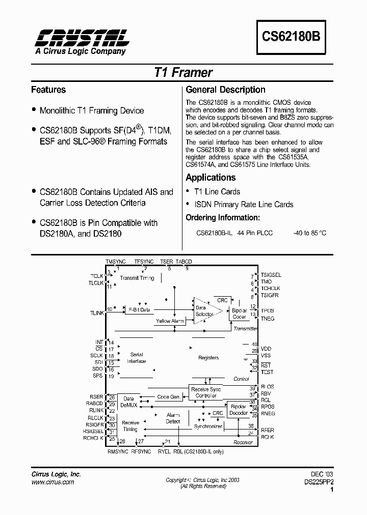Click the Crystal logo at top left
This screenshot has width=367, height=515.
[x=82, y=37]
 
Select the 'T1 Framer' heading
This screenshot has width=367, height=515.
[x=183, y=73]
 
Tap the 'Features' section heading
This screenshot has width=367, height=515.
[x=48, y=90]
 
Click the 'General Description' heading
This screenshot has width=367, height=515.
[x=225, y=90]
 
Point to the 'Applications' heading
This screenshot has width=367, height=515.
[x=211, y=178]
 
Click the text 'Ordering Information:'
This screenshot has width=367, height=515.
[x=223, y=217]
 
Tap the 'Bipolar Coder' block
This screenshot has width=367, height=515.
[x=239, y=313]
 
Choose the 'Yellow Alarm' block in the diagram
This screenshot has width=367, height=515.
[x=170, y=321]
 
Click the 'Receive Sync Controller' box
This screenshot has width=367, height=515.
[x=206, y=392]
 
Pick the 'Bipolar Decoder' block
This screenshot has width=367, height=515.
[x=239, y=410]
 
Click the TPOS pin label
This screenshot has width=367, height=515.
[x=268, y=310]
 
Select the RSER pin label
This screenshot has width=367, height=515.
[x=96, y=397]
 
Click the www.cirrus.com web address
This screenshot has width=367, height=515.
[x=53, y=481]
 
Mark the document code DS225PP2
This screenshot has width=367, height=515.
[x=318, y=481]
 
